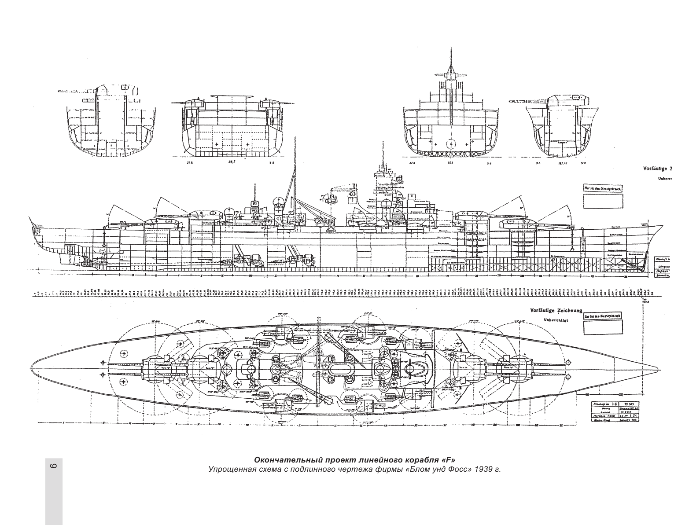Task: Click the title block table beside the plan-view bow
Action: (615, 411)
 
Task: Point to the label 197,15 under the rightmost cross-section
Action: (560, 162)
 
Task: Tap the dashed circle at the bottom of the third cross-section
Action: (450, 144)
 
